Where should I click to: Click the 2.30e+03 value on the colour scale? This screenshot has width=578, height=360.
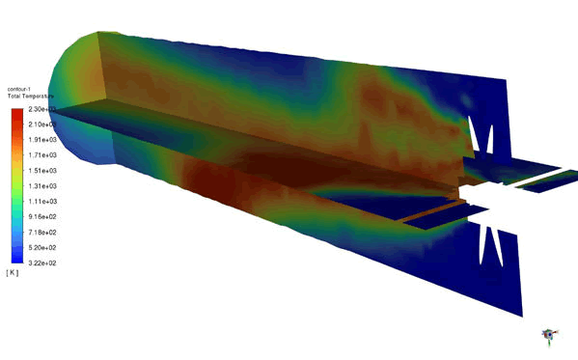coord(41,110)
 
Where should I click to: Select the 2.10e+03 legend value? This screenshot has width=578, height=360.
coord(41,125)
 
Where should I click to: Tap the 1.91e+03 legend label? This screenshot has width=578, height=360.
coord(41,140)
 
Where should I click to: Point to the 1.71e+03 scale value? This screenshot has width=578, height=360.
coord(41,155)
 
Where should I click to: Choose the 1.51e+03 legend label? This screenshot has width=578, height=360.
coord(41,171)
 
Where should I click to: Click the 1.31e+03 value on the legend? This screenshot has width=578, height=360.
coord(41,185)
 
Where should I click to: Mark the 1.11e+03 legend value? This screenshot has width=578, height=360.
coord(41,201)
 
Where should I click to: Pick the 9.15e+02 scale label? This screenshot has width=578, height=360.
coord(41,216)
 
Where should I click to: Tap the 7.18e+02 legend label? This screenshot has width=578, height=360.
coord(41,232)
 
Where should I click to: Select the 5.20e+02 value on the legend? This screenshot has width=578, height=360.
coord(41,246)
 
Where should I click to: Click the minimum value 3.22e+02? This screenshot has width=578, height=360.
coord(41,262)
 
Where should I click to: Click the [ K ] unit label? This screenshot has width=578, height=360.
coord(13,273)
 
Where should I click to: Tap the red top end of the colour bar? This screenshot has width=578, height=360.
coord(17,114)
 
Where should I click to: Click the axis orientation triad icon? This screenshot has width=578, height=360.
coord(550,334)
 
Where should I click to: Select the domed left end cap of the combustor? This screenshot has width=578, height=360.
coord(72,97)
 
